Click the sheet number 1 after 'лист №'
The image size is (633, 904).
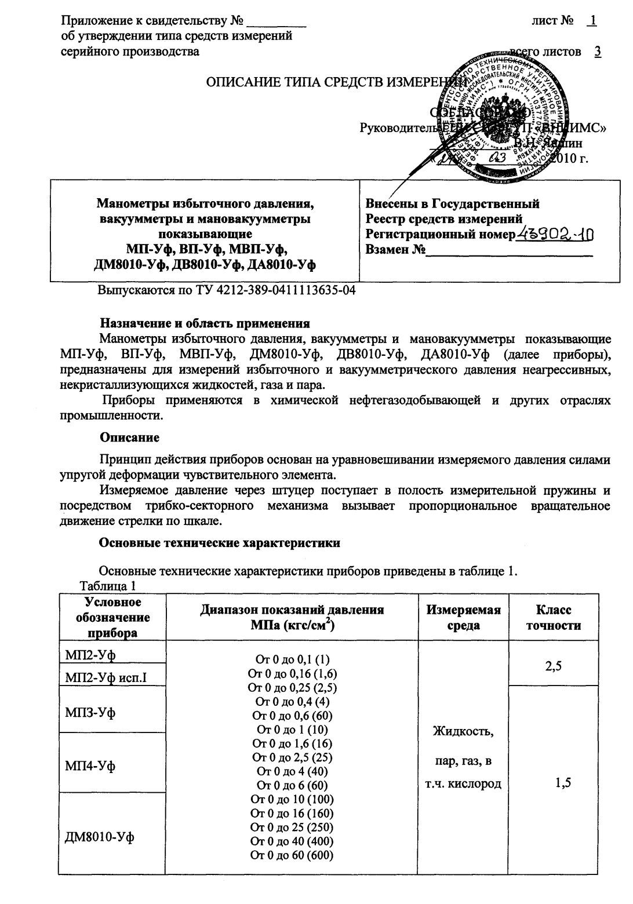click(x=591, y=21)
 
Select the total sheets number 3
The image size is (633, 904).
click(x=597, y=52)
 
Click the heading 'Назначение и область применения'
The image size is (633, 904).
click(x=205, y=323)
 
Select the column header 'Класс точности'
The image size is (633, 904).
click(x=553, y=618)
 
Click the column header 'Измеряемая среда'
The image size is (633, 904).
click(x=463, y=618)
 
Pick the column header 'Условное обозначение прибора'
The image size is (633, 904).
click(x=113, y=618)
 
